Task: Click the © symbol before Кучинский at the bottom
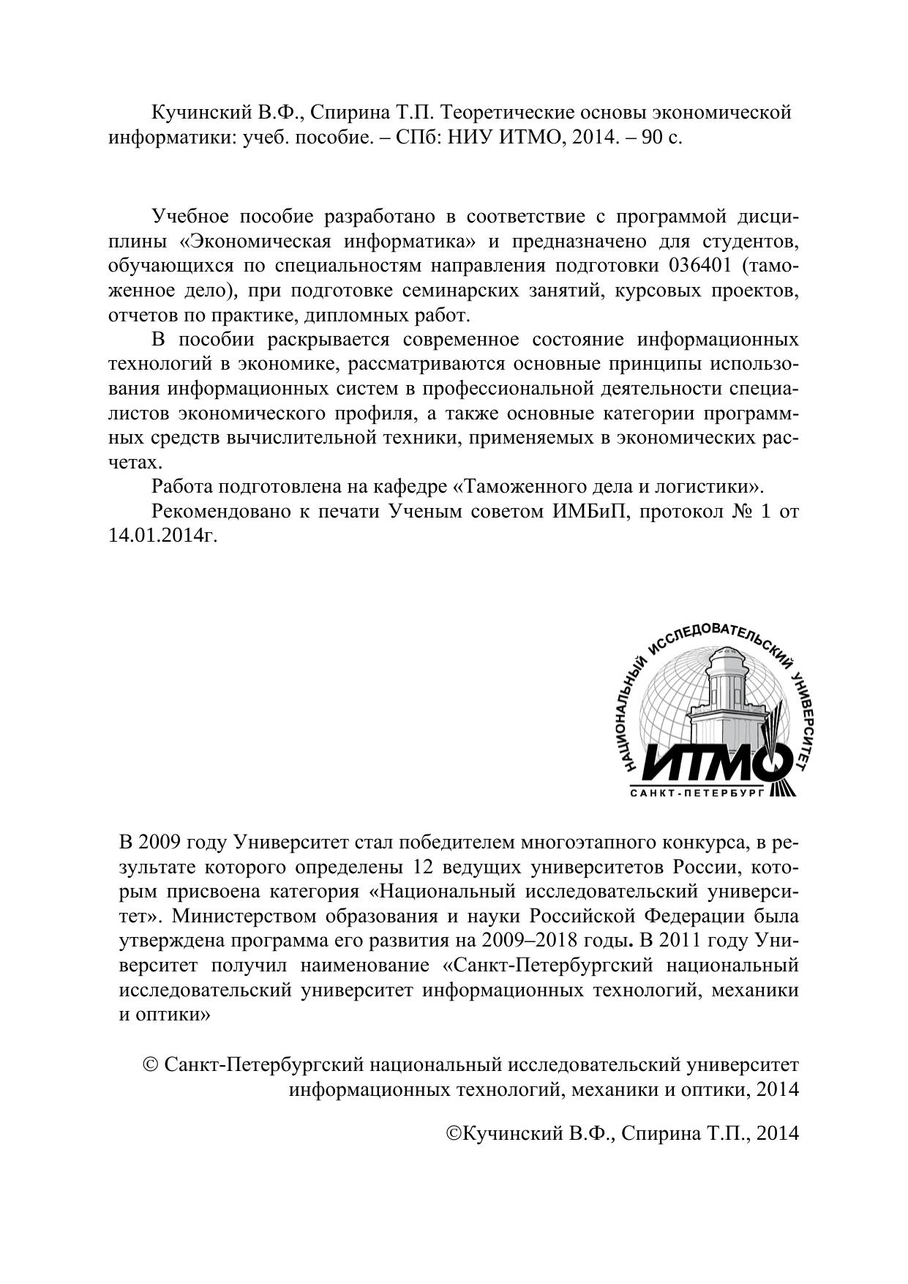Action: [453, 1133]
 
